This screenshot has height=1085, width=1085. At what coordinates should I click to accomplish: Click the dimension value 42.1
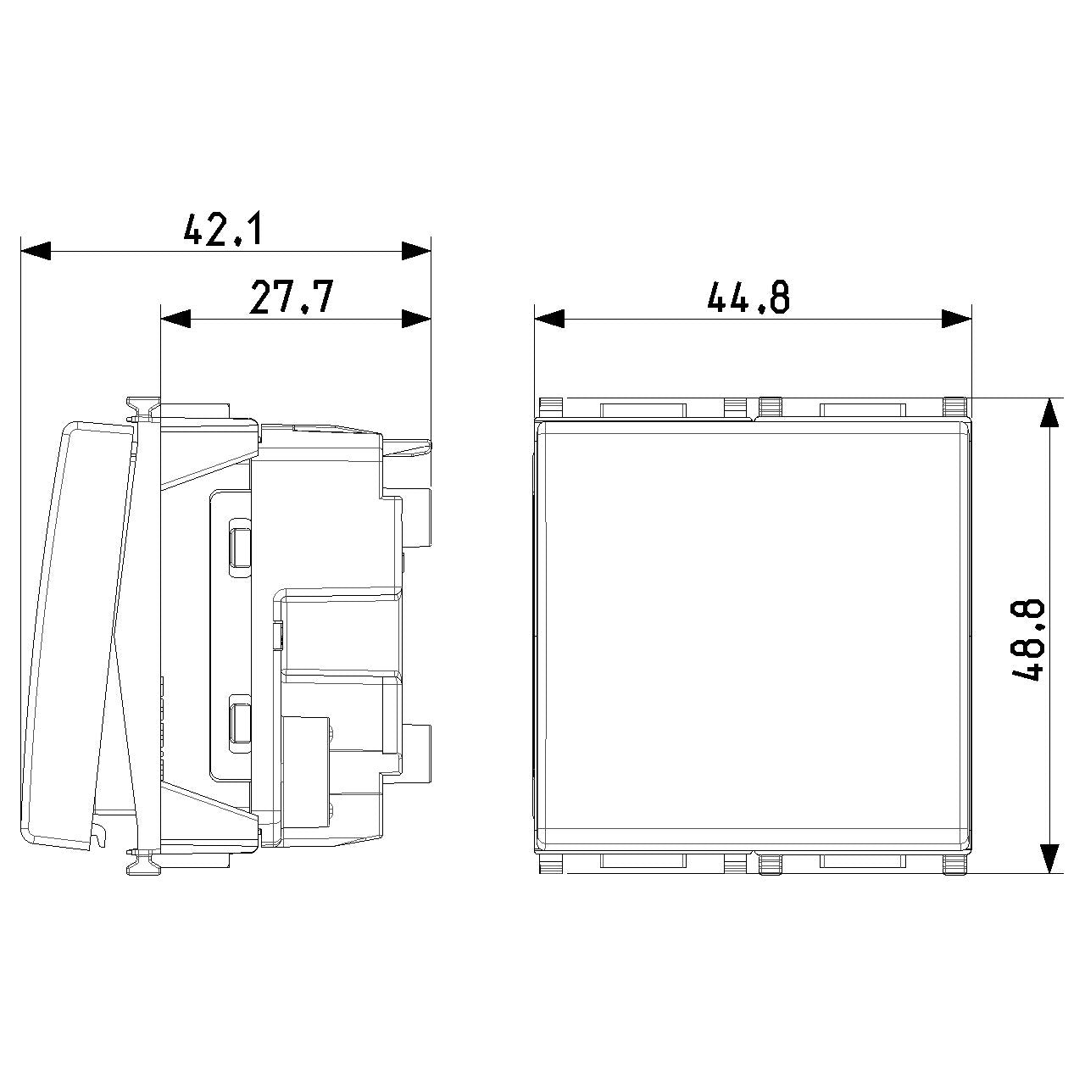(223, 228)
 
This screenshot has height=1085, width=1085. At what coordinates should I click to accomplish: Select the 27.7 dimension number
(291, 297)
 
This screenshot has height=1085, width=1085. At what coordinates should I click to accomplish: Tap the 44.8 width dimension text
(748, 297)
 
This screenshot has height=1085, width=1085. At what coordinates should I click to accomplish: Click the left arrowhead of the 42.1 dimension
(36, 251)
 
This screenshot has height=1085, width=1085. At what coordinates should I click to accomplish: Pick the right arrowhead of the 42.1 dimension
(416, 251)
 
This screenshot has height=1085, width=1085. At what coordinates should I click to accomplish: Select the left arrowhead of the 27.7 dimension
(175, 319)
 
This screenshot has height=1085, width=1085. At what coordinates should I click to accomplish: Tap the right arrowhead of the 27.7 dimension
(416, 319)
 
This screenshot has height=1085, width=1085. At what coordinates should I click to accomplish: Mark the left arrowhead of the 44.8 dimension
(549, 319)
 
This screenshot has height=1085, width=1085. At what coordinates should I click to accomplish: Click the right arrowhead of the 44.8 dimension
(957, 319)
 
